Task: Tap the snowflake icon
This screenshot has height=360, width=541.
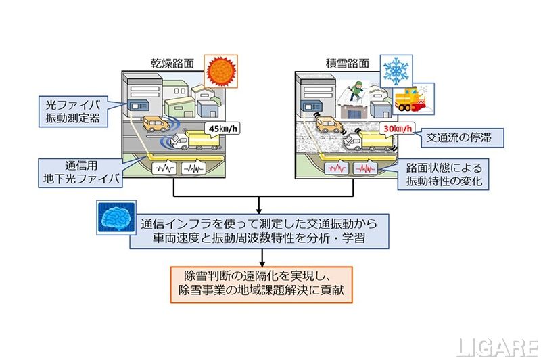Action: pos(396,70)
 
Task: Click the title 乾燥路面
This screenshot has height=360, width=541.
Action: pos(172,63)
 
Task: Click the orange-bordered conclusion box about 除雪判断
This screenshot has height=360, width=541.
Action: pos(262,284)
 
